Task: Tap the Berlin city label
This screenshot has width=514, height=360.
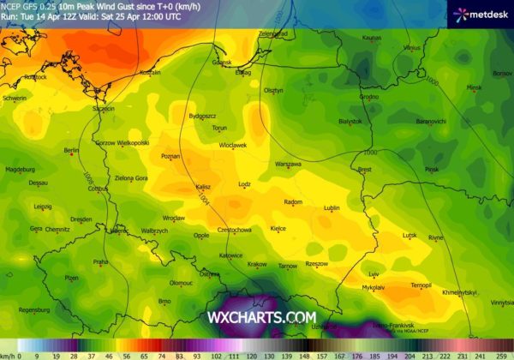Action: pyautogui.click(x=72, y=151)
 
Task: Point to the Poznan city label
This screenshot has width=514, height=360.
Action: pyautogui.click(x=170, y=157)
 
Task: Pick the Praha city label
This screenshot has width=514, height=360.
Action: pyautogui.click(x=100, y=261)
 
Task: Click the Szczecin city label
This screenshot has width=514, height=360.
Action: pyautogui.click(x=104, y=109)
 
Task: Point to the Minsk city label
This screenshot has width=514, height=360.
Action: pyautogui.click(x=474, y=87)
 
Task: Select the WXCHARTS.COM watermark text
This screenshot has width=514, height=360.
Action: pyautogui.click(x=261, y=317)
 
